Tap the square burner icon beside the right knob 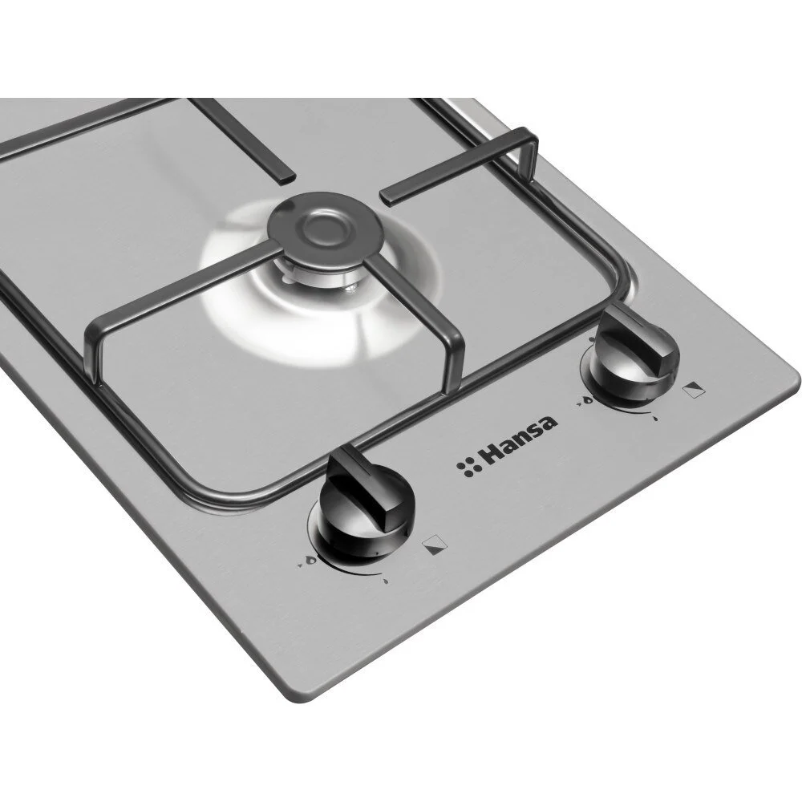(695, 391)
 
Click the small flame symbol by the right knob (657, 419)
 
